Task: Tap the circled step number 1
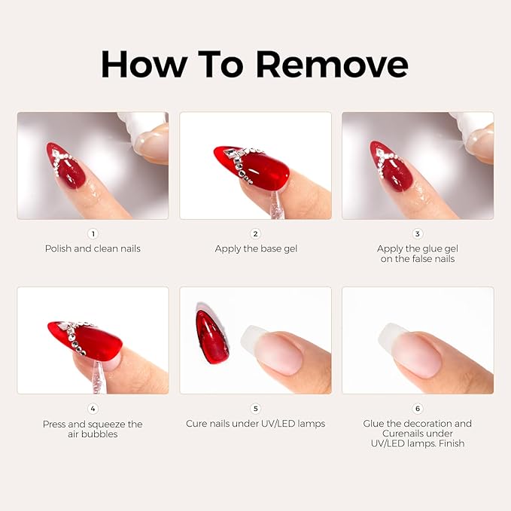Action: pos(93,234)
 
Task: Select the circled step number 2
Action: pos(255,234)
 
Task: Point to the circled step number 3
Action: pos(418,234)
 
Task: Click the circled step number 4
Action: pos(93,409)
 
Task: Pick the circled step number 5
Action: pos(255,409)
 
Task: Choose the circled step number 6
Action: pos(418,409)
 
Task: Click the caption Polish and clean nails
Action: pos(93,248)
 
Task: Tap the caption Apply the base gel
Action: pos(255,248)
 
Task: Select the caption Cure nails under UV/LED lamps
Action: pos(255,424)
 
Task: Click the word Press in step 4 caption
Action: pos(56,424)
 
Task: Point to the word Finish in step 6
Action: pos(449,443)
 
